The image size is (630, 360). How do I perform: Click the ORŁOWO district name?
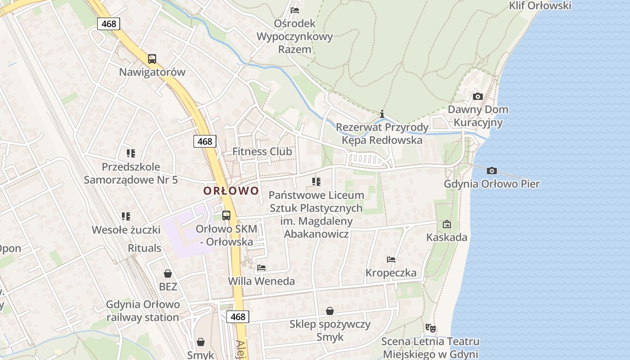[231, 191]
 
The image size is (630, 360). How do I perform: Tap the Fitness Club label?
[262, 152]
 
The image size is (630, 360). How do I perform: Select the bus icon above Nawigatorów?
[152, 58]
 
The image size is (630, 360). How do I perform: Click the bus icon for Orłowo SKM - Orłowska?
[226, 215]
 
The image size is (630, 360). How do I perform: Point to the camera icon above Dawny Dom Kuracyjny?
[478, 96]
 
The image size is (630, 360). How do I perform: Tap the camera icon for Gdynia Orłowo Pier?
[492, 171]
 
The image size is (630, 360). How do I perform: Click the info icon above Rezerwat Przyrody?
[382, 114]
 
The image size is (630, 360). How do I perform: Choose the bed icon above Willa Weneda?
[261, 268]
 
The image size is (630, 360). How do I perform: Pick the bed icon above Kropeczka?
[391, 260]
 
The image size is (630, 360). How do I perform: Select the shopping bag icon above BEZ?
[168, 273]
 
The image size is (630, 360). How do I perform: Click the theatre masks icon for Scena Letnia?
[430, 328]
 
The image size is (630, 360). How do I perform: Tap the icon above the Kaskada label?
[446, 224]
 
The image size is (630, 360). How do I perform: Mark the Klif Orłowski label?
[540, 5]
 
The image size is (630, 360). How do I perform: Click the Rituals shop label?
[144, 248]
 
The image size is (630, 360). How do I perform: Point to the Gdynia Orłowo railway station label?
[143, 311]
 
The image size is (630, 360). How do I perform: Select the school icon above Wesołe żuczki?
[126, 216]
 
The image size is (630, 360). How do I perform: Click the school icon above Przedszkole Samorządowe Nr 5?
[130, 153]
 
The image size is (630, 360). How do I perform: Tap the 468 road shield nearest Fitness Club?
[205, 141]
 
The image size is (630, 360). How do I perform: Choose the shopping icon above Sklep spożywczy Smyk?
[330, 311]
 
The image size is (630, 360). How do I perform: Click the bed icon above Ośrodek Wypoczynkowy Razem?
[295, 10]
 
